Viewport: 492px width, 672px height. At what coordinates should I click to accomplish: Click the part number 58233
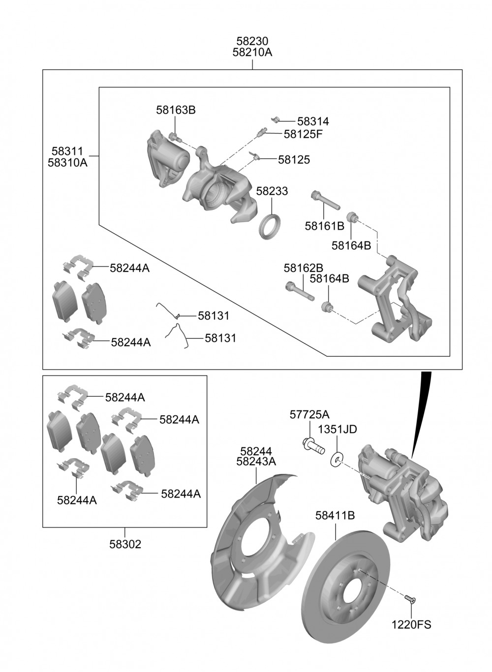pos(272,191)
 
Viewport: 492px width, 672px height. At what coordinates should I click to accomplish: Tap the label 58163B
pos(176,110)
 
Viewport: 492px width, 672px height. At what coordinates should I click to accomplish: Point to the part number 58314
pos(313,121)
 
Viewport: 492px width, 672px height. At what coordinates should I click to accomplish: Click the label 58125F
pos(303,134)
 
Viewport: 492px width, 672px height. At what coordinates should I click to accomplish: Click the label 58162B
pos(303,268)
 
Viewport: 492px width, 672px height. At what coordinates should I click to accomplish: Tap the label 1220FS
pos(411,625)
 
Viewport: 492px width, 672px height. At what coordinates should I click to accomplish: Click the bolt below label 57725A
pos(313,444)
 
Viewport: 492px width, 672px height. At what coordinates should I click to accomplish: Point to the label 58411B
pos(335,516)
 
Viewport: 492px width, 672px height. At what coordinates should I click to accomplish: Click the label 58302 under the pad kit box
pos(125,544)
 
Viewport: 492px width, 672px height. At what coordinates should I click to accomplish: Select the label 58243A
pos(256,462)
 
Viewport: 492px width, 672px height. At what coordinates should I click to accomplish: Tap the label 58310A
pos(67,162)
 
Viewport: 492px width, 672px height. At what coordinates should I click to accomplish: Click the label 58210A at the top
pos(252,52)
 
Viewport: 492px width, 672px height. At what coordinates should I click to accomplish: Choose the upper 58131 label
pos(214,316)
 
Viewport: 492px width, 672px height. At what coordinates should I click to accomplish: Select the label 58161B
pos(324,226)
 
